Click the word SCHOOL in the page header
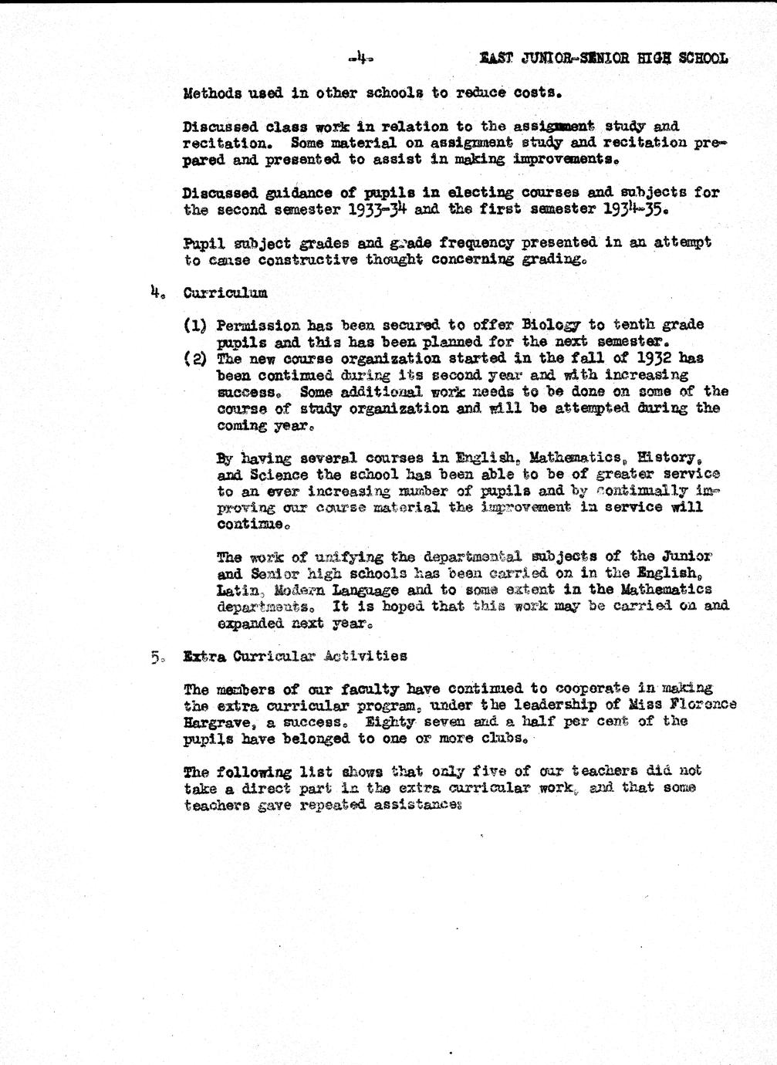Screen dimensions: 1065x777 [x=700, y=58]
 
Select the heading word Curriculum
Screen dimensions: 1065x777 [x=225, y=292]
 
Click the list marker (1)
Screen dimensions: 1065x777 [x=194, y=325]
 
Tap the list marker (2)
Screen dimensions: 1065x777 [x=194, y=359]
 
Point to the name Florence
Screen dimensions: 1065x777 [x=701, y=705]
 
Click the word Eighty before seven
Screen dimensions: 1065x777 [x=390, y=722]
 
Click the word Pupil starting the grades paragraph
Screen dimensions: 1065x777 [x=203, y=242]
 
